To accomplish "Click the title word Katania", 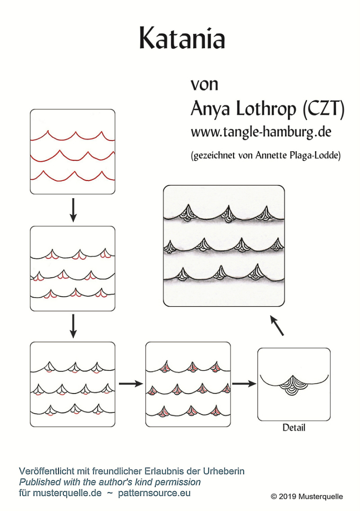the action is coord(182,38).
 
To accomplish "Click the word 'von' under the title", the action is coord(204,84).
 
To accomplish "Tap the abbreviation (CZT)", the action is coord(323,109).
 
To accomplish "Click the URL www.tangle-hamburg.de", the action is coord(261,132).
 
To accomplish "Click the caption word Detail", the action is coord(294,428).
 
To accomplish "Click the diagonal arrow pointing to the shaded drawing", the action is coord(277,325).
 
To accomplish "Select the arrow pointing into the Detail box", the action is coord(244,384).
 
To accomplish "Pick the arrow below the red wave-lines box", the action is coord(73,210).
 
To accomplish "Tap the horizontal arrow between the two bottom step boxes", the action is coord(131,384).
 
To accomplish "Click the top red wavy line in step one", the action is coord(72,136).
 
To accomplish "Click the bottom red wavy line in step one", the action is coord(72,176).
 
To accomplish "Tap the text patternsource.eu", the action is coord(154,493).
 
